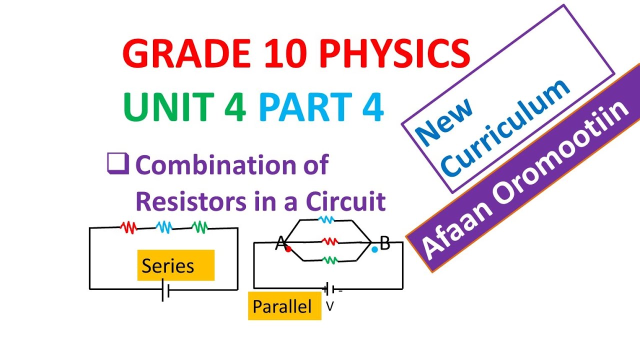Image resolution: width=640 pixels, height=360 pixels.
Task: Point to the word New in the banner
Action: tap(444, 122)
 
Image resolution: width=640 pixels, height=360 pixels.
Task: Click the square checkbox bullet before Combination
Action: tap(117, 164)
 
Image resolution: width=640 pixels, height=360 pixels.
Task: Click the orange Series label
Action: tap(175, 265)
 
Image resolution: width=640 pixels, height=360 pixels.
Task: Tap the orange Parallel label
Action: tap(284, 306)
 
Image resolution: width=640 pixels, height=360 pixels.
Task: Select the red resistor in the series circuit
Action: tap(128, 227)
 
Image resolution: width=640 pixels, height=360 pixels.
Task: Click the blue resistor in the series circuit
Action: tap(164, 227)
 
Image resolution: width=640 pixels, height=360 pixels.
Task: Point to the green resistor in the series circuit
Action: tap(200, 227)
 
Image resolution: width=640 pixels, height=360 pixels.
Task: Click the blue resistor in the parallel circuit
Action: tap(325, 219)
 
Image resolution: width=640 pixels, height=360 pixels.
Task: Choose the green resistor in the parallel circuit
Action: tap(329, 259)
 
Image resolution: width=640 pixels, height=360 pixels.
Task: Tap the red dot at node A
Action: tap(288, 248)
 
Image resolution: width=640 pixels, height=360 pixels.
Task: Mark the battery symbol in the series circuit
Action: tap(165, 290)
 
